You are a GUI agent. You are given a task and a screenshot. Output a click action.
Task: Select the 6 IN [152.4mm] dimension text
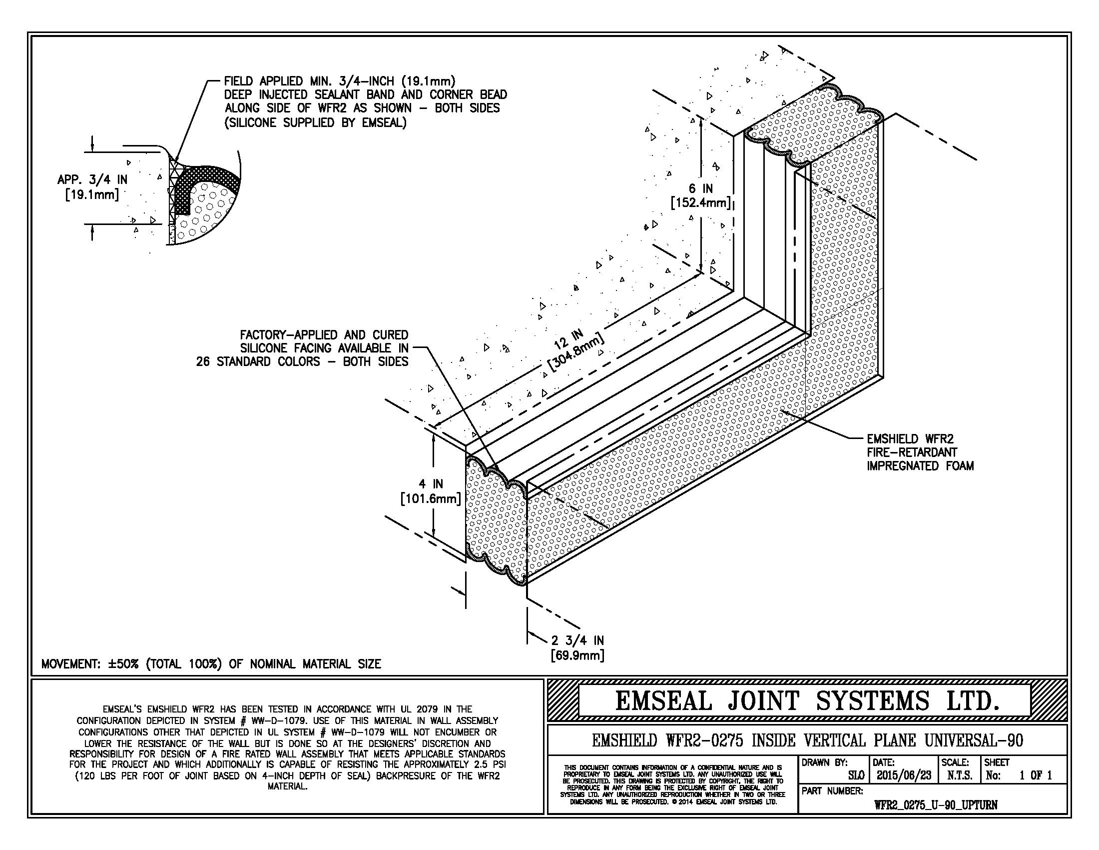tap(700, 195)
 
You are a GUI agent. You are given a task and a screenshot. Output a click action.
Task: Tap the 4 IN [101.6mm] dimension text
tap(431, 491)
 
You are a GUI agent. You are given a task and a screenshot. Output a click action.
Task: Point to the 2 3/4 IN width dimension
tap(577, 647)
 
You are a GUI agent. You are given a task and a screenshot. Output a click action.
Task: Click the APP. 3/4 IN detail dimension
tap(92, 187)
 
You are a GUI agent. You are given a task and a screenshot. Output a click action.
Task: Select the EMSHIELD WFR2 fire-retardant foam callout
tap(920, 452)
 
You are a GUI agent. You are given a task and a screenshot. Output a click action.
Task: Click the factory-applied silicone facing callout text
tap(302, 348)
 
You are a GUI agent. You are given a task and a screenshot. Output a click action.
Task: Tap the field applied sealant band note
tap(366, 101)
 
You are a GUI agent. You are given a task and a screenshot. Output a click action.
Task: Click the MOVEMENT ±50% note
tap(211, 663)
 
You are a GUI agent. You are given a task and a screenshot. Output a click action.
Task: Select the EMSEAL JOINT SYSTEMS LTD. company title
tap(807, 700)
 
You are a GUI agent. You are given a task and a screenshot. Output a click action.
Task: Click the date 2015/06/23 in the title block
tap(904, 775)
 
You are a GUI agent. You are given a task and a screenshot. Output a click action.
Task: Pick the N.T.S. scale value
tap(960, 775)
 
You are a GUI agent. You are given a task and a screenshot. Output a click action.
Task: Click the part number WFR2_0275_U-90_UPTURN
tap(936, 804)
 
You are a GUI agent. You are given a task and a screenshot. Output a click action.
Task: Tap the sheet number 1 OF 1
tap(1036, 775)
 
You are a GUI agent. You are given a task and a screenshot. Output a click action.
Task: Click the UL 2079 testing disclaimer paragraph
tap(287, 747)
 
